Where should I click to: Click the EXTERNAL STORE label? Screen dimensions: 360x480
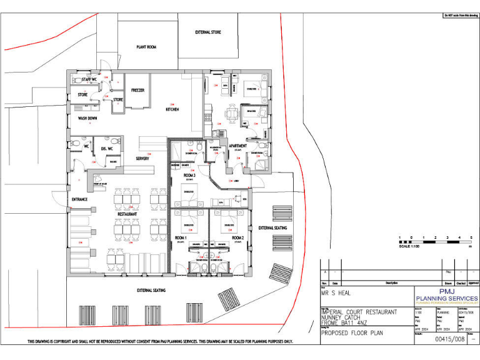pyautogui.click(x=207, y=32)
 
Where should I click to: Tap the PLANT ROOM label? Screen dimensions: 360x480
pyautogui.click(x=146, y=47)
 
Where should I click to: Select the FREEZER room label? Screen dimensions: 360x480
pyautogui.click(x=138, y=90)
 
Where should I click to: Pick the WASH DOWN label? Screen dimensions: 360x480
pyautogui.click(x=87, y=117)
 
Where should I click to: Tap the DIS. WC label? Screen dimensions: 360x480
pyautogui.click(x=106, y=149)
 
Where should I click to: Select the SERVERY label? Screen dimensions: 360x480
pyautogui.click(x=142, y=159)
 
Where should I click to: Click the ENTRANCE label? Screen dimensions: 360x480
pyautogui.click(x=79, y=199)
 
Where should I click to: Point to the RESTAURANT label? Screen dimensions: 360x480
pyautogui.click(x=127, y=214)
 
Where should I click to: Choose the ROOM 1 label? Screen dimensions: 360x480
pyautogui.click(x=181, y=238)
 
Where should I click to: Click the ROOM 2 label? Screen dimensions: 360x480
pyautogui.click(x=237, y=238)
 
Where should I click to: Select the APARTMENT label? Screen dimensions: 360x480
pyautogui.click(x=237, y=146)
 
